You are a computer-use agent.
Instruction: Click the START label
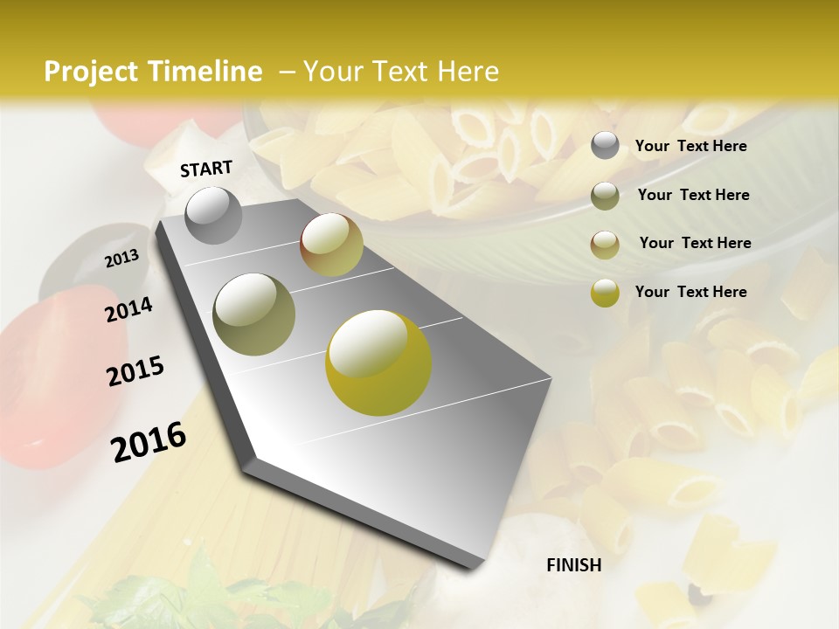tap(206, 169)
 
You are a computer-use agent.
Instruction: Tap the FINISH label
tap(574, 565)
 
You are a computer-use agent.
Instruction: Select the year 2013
tap(122, 259)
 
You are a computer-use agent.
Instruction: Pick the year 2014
tap(128, 309)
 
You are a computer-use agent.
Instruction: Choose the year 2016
tap(149, 441)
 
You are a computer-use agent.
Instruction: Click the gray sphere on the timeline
tap(213, 215)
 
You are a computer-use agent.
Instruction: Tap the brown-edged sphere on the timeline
tap(331, 244)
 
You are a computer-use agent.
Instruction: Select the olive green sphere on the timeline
tap(254, 314)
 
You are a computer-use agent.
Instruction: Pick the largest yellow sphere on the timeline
tap(378, 362)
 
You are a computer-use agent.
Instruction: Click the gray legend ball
tap(605, 146)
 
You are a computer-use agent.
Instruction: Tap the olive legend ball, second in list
tap(605, 196)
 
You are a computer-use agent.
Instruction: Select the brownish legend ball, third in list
tap(605, 245)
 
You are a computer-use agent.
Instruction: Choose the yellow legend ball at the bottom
tap(605, 293)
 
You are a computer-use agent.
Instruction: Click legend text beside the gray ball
tap(690, 147)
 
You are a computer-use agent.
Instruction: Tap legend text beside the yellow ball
tap(690, 292)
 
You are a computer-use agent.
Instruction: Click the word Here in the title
tap(468, 72)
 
